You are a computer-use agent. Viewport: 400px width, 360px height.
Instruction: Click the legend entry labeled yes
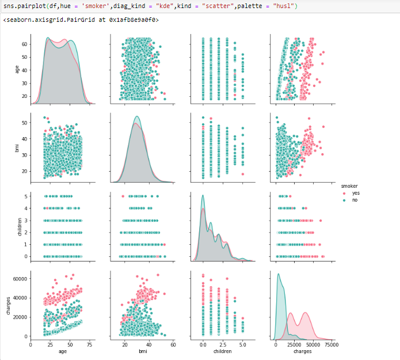coord(355,193)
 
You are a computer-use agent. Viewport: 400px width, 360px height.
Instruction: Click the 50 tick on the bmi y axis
coord(24,123)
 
